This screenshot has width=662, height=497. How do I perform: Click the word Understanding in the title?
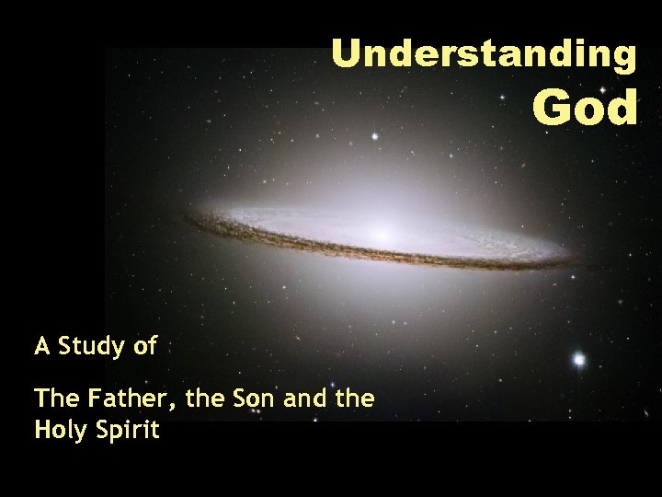(x=483, y=55)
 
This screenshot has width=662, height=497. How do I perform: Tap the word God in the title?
(x=585, y=108)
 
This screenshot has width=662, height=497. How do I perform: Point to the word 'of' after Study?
(x=144, y=347)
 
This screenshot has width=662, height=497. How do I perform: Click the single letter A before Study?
(x=42, y=347)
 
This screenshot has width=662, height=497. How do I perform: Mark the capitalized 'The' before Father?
(x=56, y=399)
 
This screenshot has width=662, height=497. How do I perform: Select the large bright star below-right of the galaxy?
(x=578, y=360)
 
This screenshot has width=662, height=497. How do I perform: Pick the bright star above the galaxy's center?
(x=374, y=136)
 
